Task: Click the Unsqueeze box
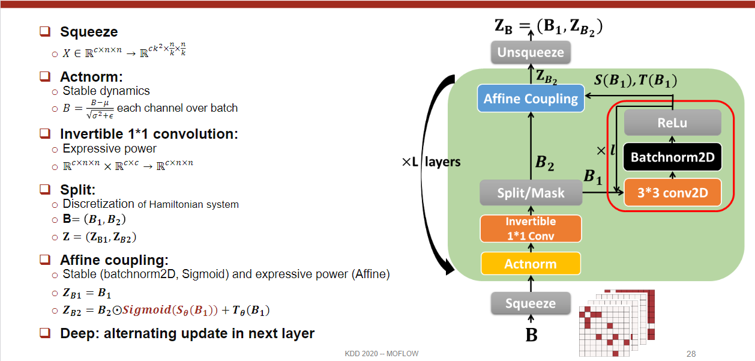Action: coord(531,52)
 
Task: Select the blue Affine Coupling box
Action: coord(531,99)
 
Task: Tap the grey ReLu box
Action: coord(672,123)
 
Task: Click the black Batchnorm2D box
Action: coord(672,158)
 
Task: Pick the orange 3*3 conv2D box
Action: coord(672,192)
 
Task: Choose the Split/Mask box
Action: coord(531,193)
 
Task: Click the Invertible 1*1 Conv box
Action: coord(531,228)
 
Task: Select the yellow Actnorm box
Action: coord(531,264)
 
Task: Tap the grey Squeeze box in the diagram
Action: coord(531,303)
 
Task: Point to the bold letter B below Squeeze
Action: coord(531,335)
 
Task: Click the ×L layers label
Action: coord(432,162)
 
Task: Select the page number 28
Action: coord(691,354)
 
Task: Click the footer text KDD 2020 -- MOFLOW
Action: coord(382,354)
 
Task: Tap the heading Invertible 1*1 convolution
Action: coord(149,134)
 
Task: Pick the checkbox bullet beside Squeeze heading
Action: coord(45,31)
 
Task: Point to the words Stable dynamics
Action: coord(106,91)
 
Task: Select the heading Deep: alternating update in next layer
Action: coord(187,333)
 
